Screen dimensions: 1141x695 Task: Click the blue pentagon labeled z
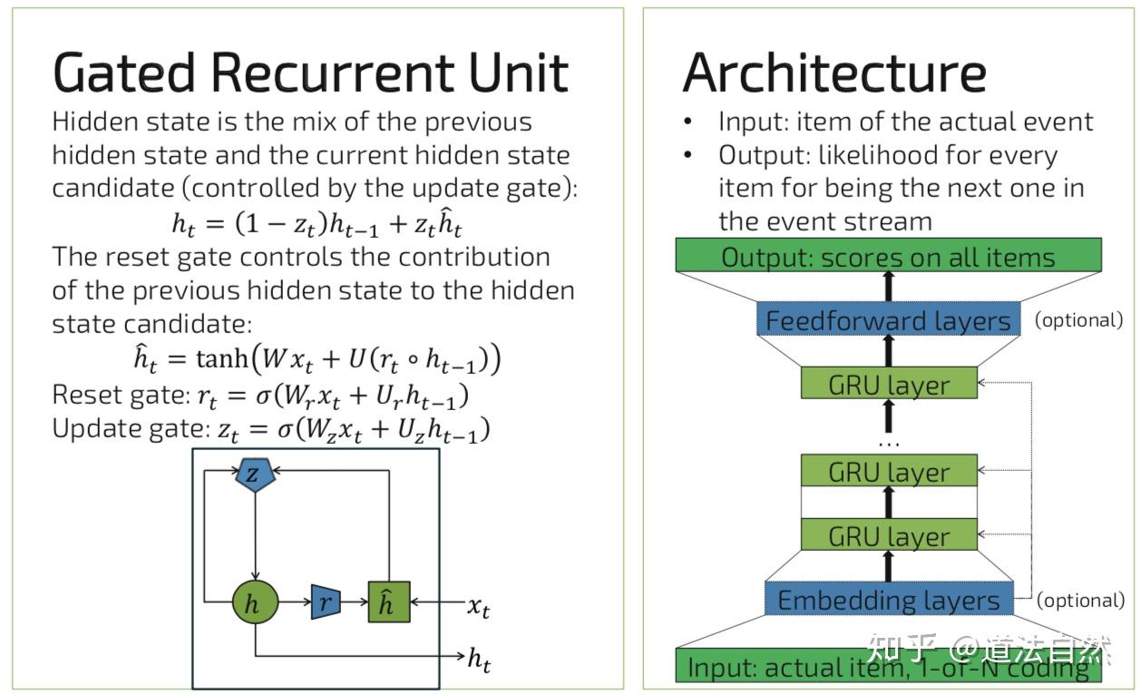click(x=255, y=475)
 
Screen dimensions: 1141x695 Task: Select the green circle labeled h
click(x=255, y=602)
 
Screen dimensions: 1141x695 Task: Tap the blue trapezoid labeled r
click(x=326, y=602)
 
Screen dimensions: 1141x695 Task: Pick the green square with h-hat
click(x=389, y=602)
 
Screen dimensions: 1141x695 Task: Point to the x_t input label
click(x=478, y=607)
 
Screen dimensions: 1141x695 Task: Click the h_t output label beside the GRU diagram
click(x=479, y=660)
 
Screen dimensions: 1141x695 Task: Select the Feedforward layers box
click(x=888, y=319)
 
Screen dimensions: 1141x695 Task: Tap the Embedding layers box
click(x=889, y=599)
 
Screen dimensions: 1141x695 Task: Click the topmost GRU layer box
click(x=889, y=383)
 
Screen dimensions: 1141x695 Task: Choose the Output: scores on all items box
click(x=888, y=255)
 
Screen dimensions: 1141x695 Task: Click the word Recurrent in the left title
click(x=334, y=73)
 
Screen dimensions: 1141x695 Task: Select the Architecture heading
click(x=834, y=73)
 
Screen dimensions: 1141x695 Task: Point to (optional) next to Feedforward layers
click(x=1078, y=320)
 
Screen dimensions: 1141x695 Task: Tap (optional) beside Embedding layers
click(x=1080, y=601)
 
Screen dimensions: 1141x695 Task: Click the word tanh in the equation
click(x=222, y=358)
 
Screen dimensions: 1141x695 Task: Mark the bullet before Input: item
click(x=688, y=122)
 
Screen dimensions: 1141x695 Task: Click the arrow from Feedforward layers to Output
click(x=889, y=287)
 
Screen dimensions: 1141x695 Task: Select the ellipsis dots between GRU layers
click(x=889, y=445)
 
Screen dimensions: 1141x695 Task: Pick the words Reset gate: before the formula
click(x=122, y=395)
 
